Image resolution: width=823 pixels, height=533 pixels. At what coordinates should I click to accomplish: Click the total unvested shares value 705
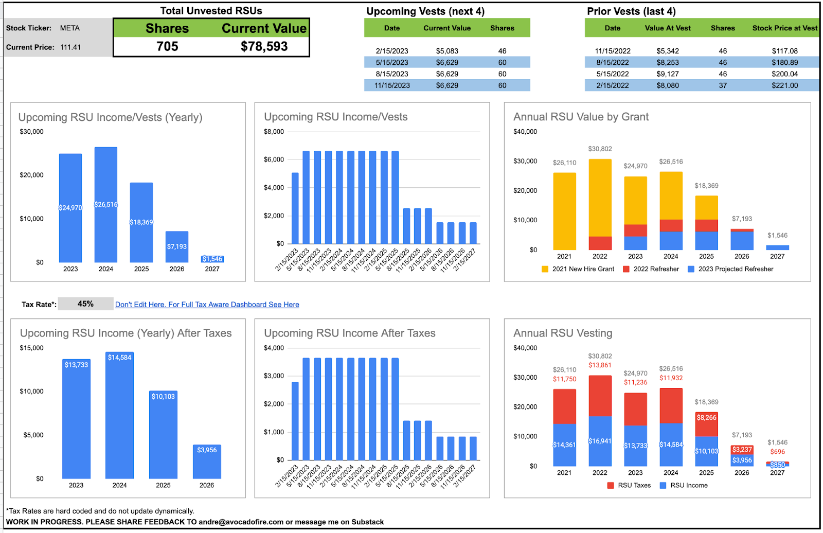click(x=167, y=46)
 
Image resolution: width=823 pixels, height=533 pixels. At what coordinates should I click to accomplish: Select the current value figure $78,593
click(x=264, y=46)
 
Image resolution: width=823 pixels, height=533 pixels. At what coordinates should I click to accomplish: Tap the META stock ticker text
click(x=69, y=28)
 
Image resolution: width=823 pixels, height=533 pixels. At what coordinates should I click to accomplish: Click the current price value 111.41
click(x=70, y=47)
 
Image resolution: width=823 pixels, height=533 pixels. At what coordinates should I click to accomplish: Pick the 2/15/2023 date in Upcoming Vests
click(x=391, y=51)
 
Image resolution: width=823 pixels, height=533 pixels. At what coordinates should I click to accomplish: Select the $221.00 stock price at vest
click(x=784, y=85)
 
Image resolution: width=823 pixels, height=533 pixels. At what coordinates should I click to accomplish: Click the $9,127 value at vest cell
click(x=668, y=74)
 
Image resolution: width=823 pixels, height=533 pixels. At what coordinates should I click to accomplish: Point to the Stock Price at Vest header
click(x=784, y=28)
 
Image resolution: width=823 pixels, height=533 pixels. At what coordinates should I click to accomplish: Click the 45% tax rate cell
click(x=85, y=304)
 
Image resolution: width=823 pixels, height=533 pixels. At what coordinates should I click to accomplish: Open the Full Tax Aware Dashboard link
click(x=207, y=305)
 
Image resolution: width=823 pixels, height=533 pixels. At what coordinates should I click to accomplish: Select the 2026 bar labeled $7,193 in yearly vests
click(x=176, y=246)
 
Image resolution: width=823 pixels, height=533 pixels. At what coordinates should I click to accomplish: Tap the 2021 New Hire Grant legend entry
click(x=578, y=269)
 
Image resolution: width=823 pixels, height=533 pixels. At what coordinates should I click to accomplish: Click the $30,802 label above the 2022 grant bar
click(x=600, y=149)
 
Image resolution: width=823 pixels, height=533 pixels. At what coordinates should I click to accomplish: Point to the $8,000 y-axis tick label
click(x=274, y=132)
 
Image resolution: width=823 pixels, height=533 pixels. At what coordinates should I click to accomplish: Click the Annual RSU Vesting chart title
click(x=563, y=333)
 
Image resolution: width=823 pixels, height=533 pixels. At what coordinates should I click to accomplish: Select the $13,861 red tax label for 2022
click(x=600, y=365)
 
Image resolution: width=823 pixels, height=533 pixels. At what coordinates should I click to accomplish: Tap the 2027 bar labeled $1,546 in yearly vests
click(x=212, y=259)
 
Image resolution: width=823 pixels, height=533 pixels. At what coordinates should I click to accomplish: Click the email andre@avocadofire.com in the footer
click(x=241, y=522)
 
